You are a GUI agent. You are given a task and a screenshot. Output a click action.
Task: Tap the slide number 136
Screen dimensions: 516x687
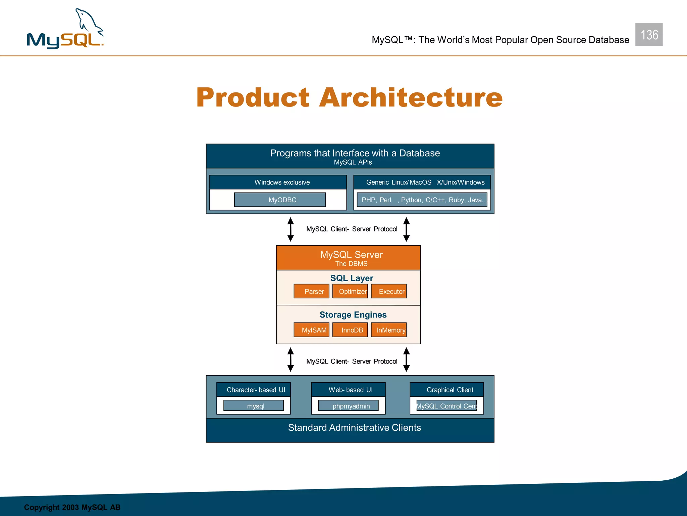[649, 35]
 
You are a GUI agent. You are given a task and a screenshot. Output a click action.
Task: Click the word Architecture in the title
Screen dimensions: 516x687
[411, 97]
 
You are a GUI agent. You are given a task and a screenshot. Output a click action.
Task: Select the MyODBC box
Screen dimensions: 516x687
[280, 200]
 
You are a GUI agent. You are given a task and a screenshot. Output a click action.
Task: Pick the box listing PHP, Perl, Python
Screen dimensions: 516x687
[422, 200]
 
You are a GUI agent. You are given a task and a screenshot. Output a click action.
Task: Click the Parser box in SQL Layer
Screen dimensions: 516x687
[312, 291]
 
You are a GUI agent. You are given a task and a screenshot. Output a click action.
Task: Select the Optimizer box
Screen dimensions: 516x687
[350, 291]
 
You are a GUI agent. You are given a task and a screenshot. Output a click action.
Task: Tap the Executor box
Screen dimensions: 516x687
[389, 291]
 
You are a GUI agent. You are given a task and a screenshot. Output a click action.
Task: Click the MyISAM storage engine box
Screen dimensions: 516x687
[312, 330]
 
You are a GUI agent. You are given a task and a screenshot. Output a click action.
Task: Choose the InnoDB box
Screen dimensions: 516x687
[350, 330]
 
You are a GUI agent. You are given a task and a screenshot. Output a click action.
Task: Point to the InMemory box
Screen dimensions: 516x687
[389, 330]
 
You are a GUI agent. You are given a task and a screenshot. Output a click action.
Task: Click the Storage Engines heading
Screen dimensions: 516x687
[353, 315]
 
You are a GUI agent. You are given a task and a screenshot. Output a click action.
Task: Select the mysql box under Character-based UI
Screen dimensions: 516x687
[254, 406]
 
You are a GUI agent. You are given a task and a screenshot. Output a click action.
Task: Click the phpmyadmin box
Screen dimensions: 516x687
[349, 406]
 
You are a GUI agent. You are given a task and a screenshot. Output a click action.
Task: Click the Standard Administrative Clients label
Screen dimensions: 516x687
[354, 428]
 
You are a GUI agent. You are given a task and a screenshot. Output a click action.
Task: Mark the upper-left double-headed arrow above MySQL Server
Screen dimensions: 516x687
[291, 229]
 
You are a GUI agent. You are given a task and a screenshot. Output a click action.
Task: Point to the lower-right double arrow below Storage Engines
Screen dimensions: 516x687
[407, 360]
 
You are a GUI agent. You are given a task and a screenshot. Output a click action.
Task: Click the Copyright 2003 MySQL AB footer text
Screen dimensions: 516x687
[72, 507]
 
